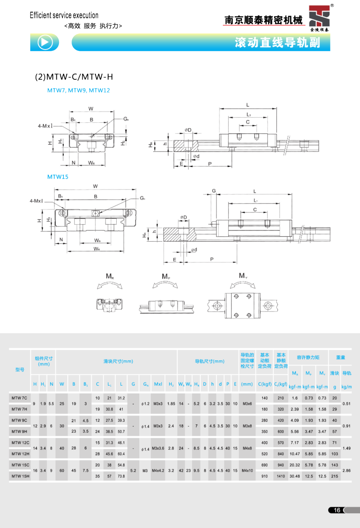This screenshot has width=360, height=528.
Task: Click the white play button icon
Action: click(x=46, y=42)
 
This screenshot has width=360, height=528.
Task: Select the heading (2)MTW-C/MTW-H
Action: click(x=74, y=77)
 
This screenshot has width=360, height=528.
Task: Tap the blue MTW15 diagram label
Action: click(x=58, y=177)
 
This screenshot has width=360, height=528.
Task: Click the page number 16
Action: click(x=337, y=510)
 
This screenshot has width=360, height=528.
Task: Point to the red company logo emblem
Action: click(x=320, y=17)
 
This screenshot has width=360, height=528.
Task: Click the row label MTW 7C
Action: click(x=19, y=398)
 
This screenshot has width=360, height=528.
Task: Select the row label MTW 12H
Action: click(x=19, y=453)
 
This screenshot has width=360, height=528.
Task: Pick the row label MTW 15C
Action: click(x=19, y=465)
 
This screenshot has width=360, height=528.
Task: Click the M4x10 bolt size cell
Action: click(x=247, y=470)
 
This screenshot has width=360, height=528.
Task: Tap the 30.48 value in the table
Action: click(x=295, y=476)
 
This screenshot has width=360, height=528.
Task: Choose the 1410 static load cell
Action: click(x=281, y=476)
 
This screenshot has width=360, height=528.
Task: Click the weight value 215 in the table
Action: click(x=334, y=476)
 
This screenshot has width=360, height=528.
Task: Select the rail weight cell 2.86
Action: click(x=347, y=470)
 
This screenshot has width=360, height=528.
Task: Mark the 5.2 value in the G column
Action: click(x=133, y=470)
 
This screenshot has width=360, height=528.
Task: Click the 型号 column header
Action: click(x=20, y=370)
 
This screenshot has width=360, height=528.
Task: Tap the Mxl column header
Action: click(x=158, y=384)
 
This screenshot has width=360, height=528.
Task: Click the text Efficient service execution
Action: click(x=64, y=16)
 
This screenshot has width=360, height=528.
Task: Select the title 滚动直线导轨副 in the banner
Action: click(x=277, y=43)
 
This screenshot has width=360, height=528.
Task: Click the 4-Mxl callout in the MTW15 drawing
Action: click(x=36, y=201)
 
